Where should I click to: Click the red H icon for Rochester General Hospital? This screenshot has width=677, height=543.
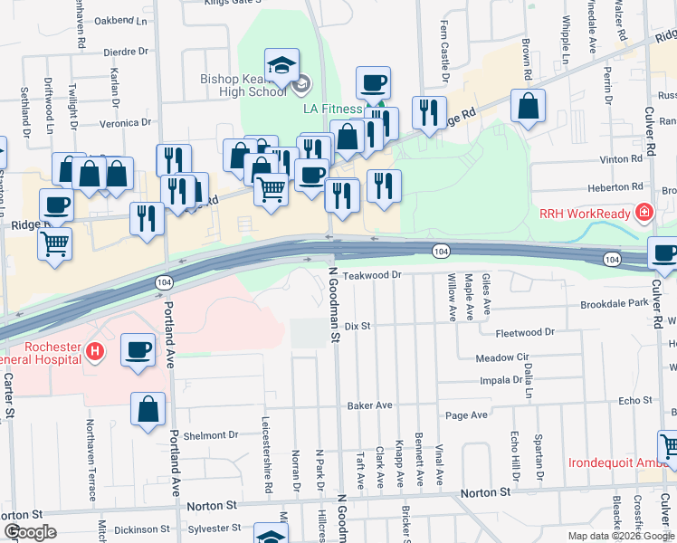[x=93, y=350]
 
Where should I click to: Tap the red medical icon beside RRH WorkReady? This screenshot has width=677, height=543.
[x=644, y=214]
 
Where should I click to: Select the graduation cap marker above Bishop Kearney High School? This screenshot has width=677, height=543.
[x=281, y=65]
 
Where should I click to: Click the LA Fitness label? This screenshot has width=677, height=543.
[x=332, y=109]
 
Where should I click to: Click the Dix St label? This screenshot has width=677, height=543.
[x=358, y=325]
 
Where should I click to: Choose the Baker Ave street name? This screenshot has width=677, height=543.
[x=369, y=405]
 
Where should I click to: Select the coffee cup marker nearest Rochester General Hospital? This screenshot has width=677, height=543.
[x=138, y=350]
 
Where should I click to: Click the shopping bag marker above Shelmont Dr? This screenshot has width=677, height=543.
[x=148, y=409]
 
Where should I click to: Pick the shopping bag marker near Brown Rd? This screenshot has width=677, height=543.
[x=528, y=106]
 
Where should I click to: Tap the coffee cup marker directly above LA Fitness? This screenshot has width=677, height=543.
[x=373, y=84]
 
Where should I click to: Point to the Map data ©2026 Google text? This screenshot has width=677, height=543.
[x=620, y=536]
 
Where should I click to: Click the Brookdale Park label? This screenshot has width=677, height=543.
[x=615, y=304]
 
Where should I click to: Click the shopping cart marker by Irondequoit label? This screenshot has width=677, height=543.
[x=668, y=446]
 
